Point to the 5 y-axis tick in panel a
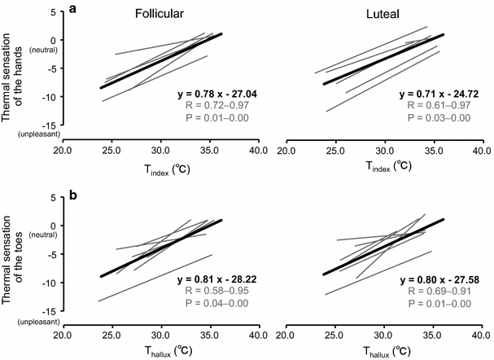coord(50,11)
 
